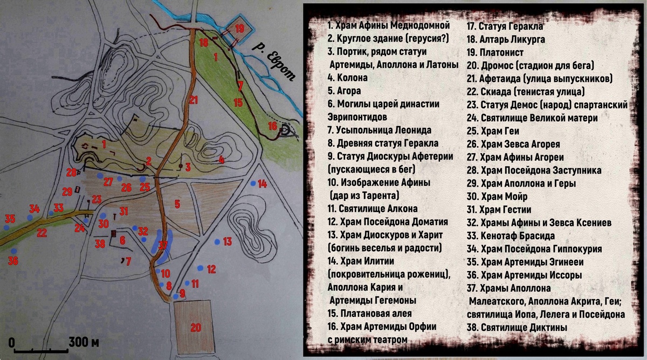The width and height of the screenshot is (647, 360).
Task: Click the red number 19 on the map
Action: [240, 29]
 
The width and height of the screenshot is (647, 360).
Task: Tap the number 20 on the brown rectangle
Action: [195, 327]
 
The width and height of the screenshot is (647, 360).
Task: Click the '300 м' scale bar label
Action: [84, 342]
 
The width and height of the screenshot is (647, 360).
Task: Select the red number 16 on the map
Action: [272, 126]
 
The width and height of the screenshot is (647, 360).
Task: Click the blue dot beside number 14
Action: [253, 184]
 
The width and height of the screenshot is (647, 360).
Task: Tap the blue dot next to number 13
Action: [217, 241]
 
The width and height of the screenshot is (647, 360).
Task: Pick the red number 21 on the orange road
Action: [194, 100]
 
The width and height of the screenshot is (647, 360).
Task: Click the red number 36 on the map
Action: [13, 261]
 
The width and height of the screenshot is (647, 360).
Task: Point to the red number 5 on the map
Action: [177, 204]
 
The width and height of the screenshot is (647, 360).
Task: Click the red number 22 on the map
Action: [42, 233]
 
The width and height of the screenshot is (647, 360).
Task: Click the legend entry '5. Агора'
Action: [344, 91]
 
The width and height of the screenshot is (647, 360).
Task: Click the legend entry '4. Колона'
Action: [348, 78]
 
